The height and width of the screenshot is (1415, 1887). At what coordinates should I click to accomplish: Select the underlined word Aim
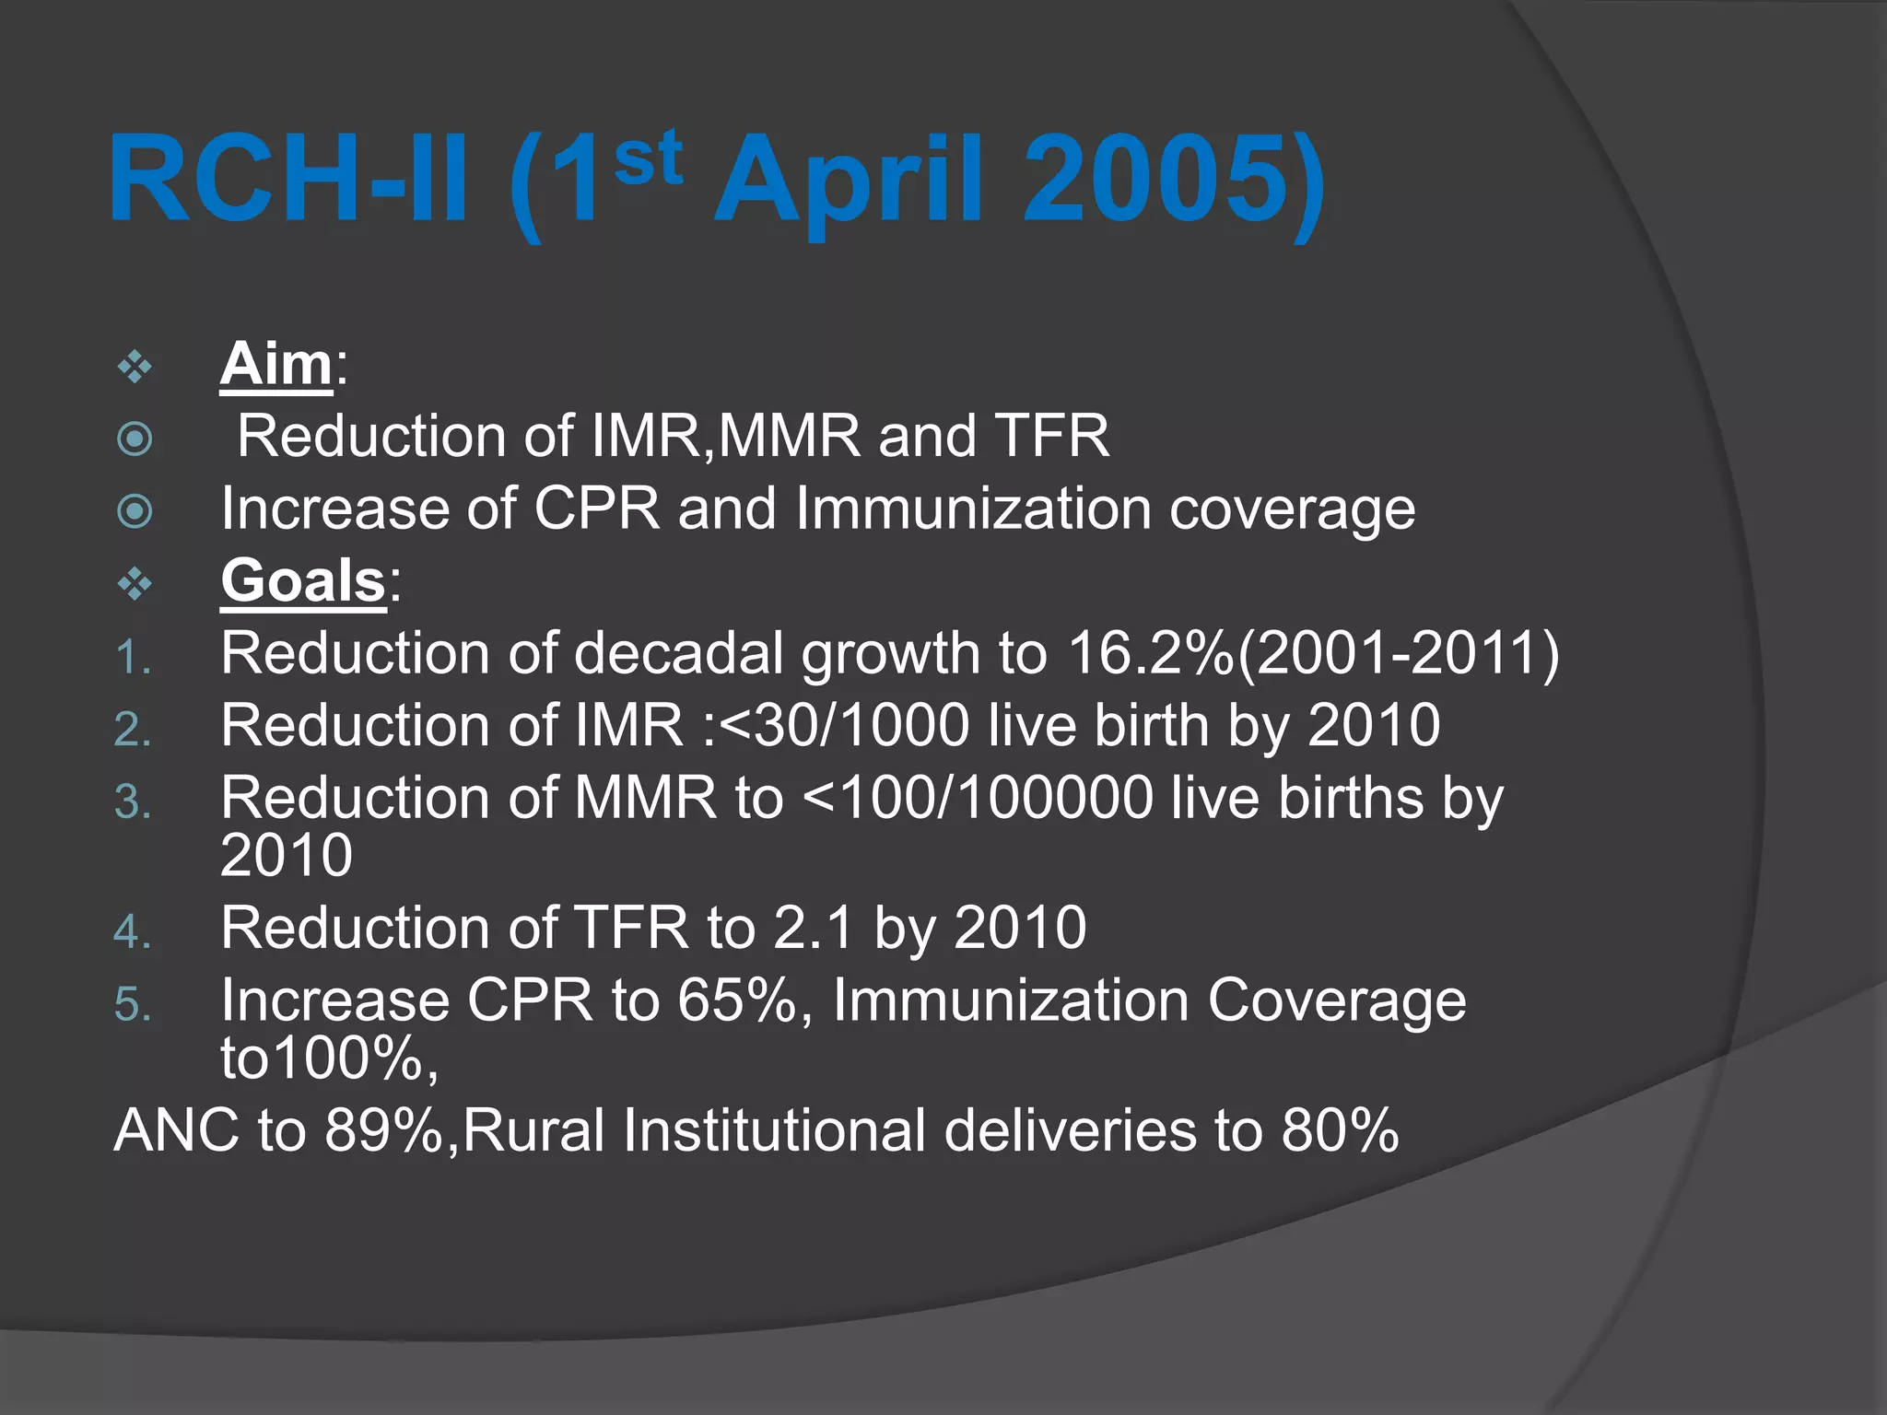(275, 364)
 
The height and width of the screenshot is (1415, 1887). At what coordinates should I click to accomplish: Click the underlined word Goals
(302, 581)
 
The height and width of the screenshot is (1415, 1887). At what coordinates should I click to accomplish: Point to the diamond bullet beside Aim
(135, 367)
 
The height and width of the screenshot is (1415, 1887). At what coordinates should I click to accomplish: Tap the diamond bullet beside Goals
(135, 584)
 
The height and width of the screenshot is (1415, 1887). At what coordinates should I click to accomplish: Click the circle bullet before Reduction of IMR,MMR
(135, 439)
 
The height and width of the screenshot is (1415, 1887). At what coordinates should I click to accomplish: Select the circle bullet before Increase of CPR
(135, 511)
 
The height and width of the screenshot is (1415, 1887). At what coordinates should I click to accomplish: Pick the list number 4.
(132, 932)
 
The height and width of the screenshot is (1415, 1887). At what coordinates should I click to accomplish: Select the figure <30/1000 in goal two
(843, 725)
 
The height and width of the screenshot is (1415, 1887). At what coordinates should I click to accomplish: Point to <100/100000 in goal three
(978, 798)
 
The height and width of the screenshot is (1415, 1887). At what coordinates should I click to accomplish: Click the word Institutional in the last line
(774, 1130)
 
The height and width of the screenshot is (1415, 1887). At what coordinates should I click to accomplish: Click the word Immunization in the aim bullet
(972, 509)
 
